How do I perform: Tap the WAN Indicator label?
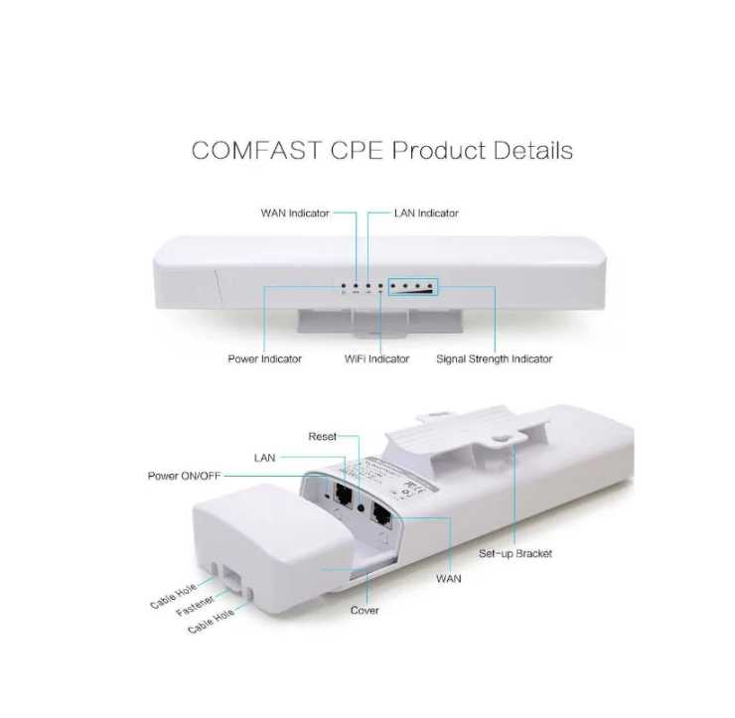click(x=295, y=213)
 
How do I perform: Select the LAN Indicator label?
click(x=426, y=213)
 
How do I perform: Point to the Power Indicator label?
click(x=265, y=359)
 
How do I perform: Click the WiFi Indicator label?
click(x=376, y=359)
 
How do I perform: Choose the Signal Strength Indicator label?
click(x=494, y=359)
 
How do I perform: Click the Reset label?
click(x=322, y=436)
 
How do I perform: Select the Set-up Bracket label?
click(x=515, y=553)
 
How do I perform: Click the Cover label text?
click(x=365, y=610)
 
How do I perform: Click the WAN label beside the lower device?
click(x=448, y=577)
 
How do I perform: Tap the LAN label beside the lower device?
click(x=264, y=458)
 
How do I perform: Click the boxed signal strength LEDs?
click(x=414, y=287)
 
